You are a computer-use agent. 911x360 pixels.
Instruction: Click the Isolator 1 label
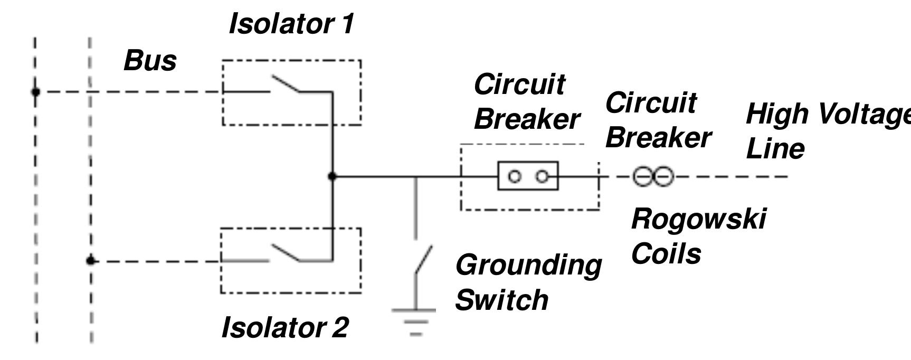tap(291, 24)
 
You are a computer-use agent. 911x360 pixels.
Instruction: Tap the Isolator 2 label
tap(285, 328)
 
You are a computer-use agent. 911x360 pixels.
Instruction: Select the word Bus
tap(150, 61)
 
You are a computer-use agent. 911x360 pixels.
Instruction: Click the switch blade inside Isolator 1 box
tap(286, 84)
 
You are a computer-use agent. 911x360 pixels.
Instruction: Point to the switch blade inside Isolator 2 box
tap(286, 253)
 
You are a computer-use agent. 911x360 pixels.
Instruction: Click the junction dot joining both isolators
tap(332, 176)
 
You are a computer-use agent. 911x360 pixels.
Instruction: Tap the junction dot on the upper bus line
tap(35, 92)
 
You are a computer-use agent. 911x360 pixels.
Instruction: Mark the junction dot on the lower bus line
tap(91, 261)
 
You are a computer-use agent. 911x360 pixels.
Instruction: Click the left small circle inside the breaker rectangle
tap(514, 176)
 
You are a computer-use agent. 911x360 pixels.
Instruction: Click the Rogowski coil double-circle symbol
tap(653, 176)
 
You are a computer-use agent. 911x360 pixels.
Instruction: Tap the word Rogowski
tap(698, 219)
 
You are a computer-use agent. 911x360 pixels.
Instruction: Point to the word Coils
tap(666, 254)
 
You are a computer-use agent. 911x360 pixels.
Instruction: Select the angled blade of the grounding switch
tap(424, 260)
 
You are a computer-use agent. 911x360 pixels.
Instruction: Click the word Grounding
tap(528, 265)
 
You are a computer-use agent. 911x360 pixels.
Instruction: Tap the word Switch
tap(501, 300)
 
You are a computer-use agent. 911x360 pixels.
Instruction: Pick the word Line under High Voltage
tap(775, 148)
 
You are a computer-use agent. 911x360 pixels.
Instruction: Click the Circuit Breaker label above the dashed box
tap(526, 101)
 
